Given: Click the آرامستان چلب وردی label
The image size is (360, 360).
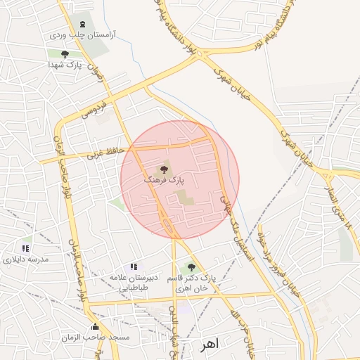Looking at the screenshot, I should (x=82, y=34).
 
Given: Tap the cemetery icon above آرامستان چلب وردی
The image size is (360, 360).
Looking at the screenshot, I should (x=82, y=25).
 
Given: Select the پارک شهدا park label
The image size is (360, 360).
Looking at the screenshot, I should (x=65, y=65).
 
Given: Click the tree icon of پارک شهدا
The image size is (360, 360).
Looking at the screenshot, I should (x=65, y=54).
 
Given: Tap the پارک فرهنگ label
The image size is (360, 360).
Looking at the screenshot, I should (x=164, y=181).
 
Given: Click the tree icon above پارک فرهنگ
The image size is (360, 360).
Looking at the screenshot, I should (x=165, y=169).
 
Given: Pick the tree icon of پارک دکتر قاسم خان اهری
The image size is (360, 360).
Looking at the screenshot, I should (x=190, y=267).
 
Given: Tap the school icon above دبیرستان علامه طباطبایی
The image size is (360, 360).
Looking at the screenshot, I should (x=134, y=266).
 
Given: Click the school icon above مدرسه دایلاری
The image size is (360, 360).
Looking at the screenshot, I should (x=26, y=248).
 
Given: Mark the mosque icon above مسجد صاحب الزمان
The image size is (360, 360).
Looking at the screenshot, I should (x=96, y=327).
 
